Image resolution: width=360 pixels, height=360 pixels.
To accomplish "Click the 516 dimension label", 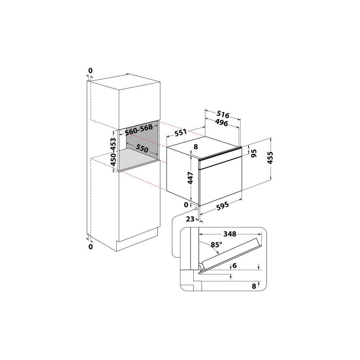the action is (223, 114).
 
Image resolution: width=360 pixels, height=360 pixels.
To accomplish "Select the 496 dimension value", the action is (222, 123).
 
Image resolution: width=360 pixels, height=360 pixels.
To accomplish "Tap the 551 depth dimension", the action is (181, 133).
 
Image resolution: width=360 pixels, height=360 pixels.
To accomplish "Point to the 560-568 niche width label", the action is (139, 130).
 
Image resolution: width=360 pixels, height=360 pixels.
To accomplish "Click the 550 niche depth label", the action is (142, 148).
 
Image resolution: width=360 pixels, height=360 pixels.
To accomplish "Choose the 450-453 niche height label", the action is (113, 152).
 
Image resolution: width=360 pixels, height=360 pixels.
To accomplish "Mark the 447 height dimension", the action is (190, 178).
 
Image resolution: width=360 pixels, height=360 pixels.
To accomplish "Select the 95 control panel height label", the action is (254, 153).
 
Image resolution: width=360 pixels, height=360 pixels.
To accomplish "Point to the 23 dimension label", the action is (190, 219).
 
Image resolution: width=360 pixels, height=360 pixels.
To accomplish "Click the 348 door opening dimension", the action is (230, 234).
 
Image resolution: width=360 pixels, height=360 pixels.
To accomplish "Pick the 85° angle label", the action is (216, 245).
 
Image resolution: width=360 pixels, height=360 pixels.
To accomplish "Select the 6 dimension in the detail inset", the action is (234, 266).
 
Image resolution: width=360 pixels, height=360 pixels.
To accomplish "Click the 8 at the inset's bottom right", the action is (254, 286).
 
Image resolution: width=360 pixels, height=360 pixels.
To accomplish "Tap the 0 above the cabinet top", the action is (90, 71).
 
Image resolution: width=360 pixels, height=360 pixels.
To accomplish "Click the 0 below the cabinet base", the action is (90, 247).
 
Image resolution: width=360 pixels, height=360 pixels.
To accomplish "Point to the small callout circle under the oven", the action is (196, 209).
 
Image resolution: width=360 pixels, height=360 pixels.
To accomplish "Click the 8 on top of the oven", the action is (195, 147).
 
